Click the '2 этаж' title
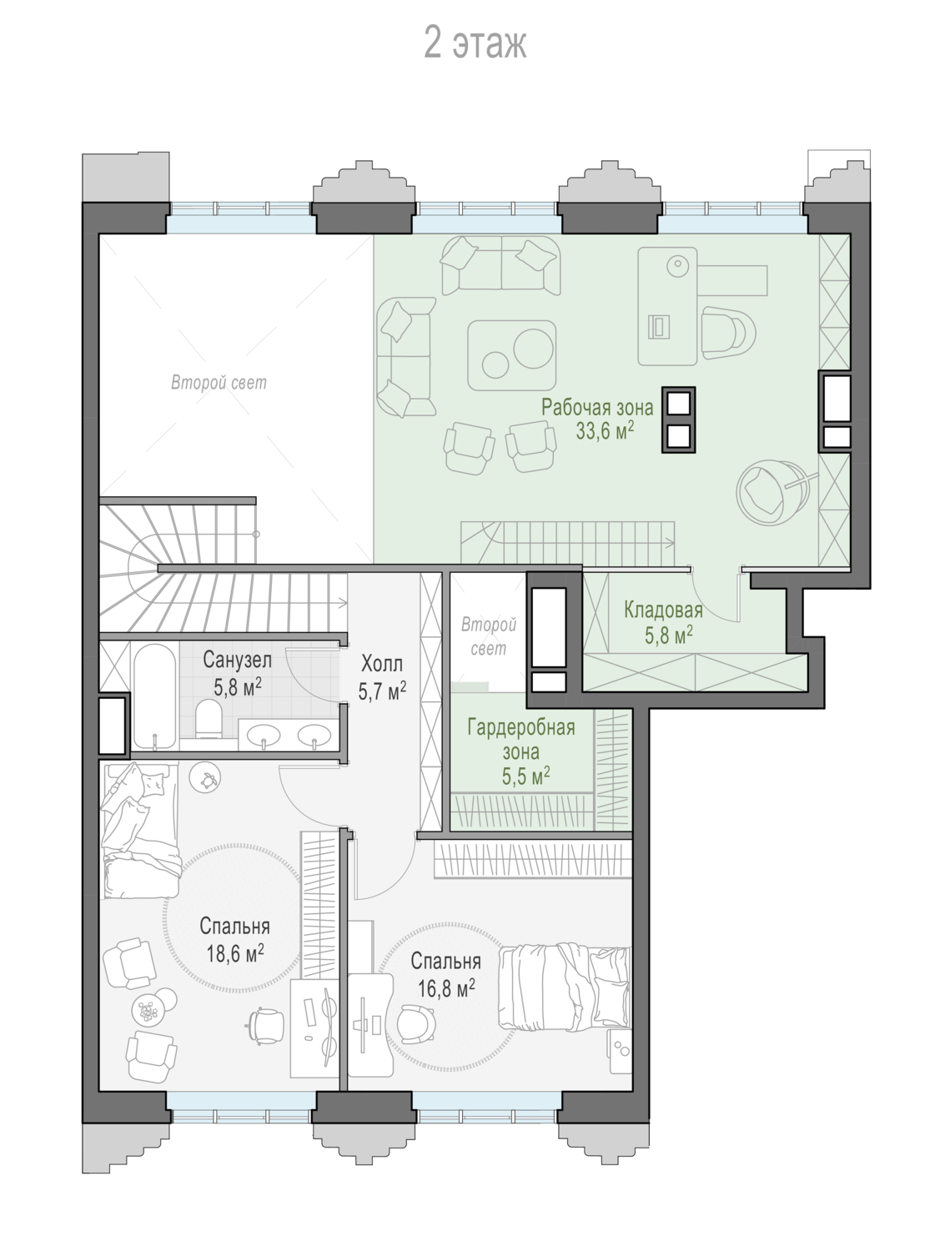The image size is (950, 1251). (x=475, y=43)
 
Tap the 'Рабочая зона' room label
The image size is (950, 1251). (x=597, y=408)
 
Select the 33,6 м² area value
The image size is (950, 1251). (x=605, y=431)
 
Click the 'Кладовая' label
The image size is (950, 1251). (x=663, y=610)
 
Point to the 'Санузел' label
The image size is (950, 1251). (x=237, y=660)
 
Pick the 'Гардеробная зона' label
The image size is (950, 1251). (x=521, y=739)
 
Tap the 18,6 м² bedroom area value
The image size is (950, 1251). (x=235, y=952)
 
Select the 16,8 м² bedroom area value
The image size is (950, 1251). (x=447, y=987)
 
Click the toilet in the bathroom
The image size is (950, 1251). (x=208, y=718)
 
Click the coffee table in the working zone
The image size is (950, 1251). (x=511, y=355)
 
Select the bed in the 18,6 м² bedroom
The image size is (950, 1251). (x=139, y=831)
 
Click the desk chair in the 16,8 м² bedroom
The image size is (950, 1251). (x=416, y=1024)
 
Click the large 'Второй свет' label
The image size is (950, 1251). (x=219, y=383)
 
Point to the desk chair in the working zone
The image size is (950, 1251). (x=728, y=333)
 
